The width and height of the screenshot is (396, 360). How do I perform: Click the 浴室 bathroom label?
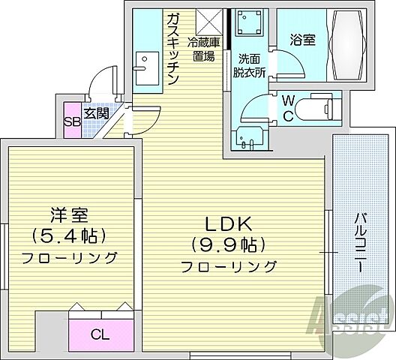(298, 42)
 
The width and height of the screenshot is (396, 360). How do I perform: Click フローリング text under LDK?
(229, 265)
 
